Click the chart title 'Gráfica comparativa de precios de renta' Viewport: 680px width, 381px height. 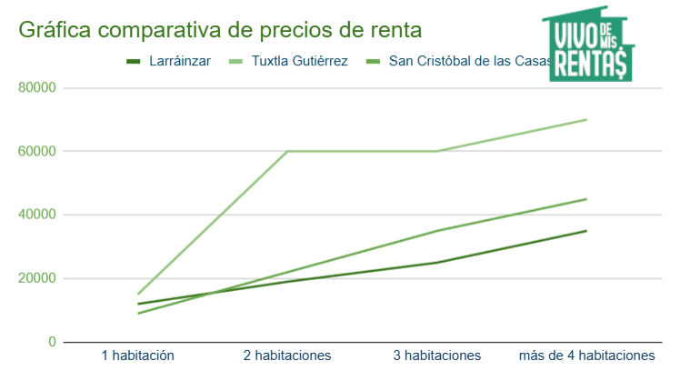220,30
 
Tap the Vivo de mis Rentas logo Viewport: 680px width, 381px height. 591,45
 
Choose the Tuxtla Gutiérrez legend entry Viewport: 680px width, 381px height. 296,62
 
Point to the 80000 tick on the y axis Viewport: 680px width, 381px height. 37,88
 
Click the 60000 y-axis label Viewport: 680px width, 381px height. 37,152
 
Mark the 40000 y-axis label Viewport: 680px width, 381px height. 37,216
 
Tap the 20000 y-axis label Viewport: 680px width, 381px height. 37,279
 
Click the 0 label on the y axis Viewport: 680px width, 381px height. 52,342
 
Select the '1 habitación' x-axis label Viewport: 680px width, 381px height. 137,356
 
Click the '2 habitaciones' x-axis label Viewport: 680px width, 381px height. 287,356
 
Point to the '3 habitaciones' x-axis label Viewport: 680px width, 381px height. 437,356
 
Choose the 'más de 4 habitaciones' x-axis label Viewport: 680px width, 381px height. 586,356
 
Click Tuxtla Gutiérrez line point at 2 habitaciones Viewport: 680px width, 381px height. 287,151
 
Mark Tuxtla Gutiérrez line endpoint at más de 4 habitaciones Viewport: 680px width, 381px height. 586,119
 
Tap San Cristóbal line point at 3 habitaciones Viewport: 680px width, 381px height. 437,231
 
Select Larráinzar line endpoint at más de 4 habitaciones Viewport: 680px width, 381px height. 586,231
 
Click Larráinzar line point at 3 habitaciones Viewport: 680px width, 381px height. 437,263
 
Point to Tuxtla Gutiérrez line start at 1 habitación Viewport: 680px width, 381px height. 138,295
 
